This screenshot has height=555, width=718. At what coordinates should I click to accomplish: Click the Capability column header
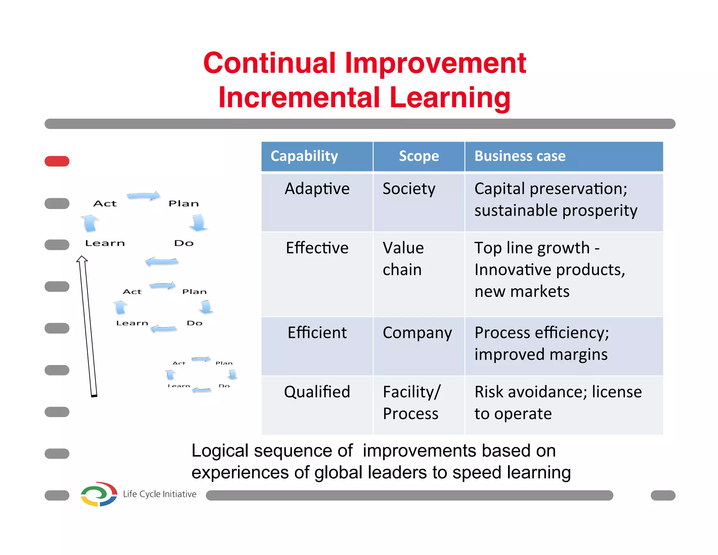304,156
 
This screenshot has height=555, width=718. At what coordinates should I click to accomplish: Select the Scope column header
419,156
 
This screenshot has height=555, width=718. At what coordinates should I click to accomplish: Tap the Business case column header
520,156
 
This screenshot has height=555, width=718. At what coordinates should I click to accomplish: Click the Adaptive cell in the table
317,189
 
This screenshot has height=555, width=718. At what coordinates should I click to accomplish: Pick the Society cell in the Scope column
409,189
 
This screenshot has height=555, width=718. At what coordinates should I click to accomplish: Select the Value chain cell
403,259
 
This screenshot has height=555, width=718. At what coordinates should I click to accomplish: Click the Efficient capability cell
317,333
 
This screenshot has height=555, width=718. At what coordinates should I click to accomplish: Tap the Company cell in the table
417,333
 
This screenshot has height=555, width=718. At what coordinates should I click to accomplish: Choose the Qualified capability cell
317,392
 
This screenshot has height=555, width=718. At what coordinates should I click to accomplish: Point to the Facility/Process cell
411,402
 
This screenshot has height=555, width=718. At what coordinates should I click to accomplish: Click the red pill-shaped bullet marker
57,161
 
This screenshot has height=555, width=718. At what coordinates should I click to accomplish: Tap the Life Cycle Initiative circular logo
99,494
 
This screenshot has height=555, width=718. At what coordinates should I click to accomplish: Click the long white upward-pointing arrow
87,326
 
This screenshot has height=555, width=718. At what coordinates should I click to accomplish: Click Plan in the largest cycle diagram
183,204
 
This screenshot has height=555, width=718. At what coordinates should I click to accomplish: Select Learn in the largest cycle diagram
105,243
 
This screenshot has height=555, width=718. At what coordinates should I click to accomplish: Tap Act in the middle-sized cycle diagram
132,292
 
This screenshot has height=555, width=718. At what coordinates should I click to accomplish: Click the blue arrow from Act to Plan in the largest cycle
143,196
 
